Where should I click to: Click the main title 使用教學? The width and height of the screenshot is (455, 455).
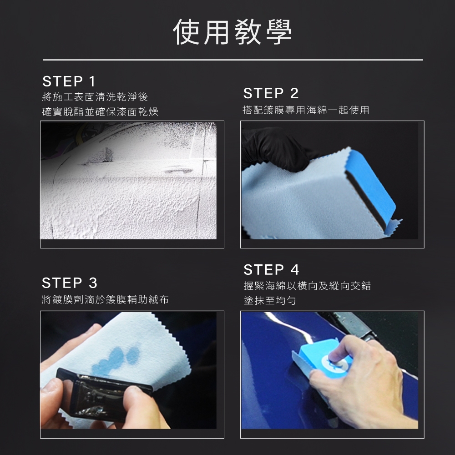coord(232,32)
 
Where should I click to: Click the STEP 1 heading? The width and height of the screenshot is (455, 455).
coord(69,81)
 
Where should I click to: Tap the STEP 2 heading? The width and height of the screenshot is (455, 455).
coord(271,93)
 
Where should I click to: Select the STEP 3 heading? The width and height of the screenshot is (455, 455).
coord(69,283)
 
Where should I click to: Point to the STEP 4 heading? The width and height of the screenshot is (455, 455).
coord(271,269)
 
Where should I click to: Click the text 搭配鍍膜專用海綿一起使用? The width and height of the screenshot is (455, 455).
coord(306,110)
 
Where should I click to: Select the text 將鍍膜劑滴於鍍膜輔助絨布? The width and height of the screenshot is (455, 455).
coord(105,299)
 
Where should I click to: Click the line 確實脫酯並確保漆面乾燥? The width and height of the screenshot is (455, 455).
coord(100,112)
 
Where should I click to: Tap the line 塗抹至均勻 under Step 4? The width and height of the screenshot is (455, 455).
coord(269,301)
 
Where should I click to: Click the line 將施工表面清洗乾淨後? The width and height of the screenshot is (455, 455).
coord(95,97)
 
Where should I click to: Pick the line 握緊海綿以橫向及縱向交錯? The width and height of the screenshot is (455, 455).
coord(307,286)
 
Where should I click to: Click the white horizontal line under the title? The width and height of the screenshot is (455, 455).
coord(233,60)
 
